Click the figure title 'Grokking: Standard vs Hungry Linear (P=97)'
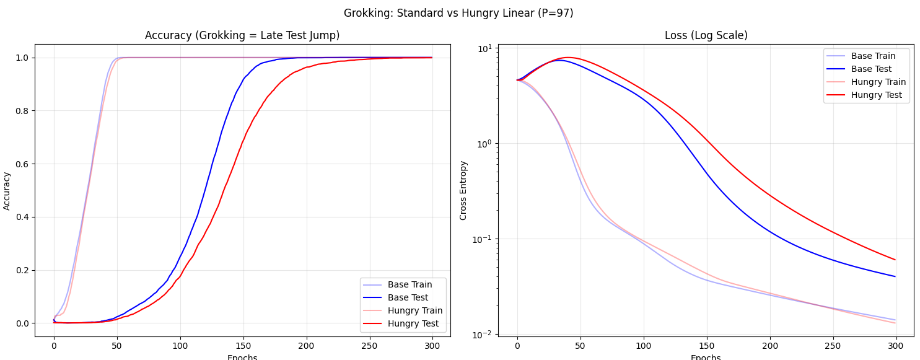coord(458,13)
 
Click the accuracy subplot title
coord(242,35)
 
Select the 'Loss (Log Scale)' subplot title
coord(706,35)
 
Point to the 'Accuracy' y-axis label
coord(7,190)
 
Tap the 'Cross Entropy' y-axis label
coord(463,190)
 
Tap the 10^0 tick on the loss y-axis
coord(483,143)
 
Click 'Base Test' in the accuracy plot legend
coord(408,297)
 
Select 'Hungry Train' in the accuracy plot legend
coord(415,310)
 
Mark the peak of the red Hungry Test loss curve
coord(568,58)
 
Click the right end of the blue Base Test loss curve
coord(895,276)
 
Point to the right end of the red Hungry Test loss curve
coord(895,260)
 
